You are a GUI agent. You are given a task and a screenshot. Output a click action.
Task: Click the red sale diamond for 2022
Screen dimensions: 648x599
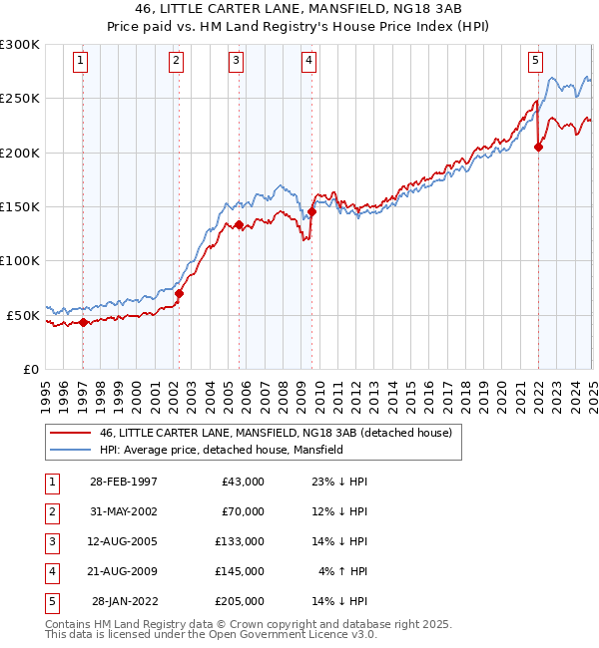click(x=538, y=147)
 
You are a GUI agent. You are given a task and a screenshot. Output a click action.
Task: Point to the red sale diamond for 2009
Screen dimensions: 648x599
click(x=311, y=211)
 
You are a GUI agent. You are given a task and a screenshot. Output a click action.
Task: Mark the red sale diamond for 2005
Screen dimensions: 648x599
click(x=240, y=225)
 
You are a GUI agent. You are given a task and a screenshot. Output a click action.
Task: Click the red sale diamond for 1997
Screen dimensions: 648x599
click(x=84, y=322)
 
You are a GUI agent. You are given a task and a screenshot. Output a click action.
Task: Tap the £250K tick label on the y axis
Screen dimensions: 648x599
click(x=20, y=99)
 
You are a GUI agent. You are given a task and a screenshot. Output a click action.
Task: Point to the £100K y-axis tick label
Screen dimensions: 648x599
click(x=20, y=260)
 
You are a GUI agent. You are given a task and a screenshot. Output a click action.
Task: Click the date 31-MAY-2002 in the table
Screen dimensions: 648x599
click(x=123, y=511)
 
